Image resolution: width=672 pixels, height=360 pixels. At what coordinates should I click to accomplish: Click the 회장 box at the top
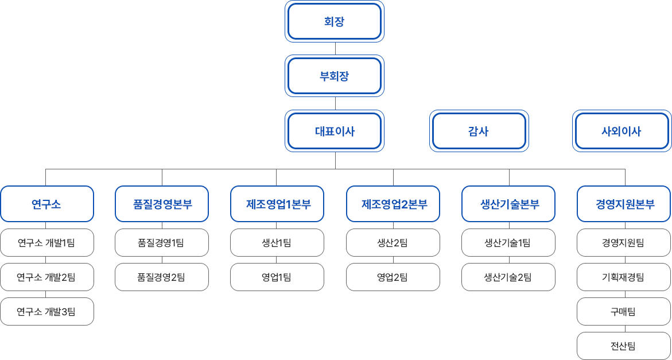(335, 21)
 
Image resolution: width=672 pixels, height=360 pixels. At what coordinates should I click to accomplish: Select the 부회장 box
(335, 76)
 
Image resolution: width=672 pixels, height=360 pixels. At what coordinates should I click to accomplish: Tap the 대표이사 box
(335, 131)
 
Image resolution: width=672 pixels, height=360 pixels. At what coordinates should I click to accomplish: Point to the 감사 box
(479, 131)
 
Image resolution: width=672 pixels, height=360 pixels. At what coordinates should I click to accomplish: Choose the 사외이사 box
(622, 131)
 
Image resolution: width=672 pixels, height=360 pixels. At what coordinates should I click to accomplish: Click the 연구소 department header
(46, 204)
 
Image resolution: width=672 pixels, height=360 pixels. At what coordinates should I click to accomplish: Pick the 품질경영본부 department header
(162, 204)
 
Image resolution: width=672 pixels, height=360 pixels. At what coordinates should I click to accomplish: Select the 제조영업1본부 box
(277, 204)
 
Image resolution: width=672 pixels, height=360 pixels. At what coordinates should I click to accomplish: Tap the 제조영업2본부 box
(393, 204)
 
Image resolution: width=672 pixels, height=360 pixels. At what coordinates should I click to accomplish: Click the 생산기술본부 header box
(508, 204)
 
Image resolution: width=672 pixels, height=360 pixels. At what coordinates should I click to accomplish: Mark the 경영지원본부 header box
(624, 204)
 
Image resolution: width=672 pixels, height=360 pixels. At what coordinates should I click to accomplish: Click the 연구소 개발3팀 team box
(46, 312)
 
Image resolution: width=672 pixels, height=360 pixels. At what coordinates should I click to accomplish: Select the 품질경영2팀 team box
(162, 277)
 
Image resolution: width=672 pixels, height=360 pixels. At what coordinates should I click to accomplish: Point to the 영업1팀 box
(277, 277)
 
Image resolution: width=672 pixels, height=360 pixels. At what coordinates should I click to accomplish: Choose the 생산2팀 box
(393, 243)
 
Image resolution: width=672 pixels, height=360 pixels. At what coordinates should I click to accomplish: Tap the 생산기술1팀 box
(508, 243)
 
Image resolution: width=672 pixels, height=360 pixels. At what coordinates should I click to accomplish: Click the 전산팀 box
(624, 346)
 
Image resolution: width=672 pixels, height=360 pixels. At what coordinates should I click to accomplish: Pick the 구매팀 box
(624, 312)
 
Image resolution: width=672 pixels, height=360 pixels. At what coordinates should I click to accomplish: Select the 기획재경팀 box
(624, 277)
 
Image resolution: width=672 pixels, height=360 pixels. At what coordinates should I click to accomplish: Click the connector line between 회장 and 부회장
(335, 49)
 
